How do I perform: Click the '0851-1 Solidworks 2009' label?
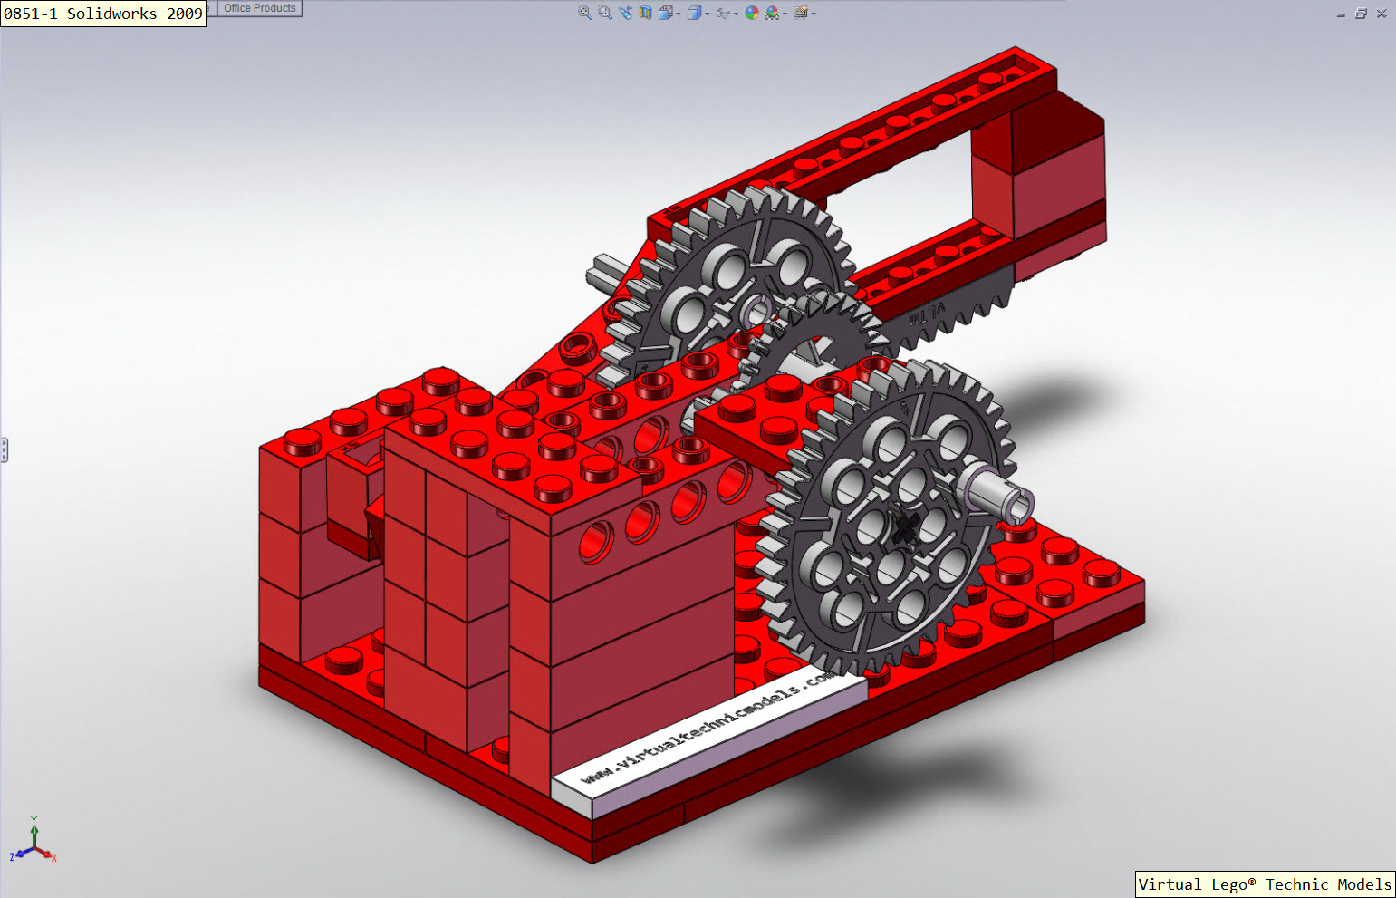click(x=102, y=14)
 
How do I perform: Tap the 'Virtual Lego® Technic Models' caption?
click(x=1265, y=884)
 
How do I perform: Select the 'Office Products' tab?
click(x=259, y=8)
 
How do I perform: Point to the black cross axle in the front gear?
click(x=905, y=528)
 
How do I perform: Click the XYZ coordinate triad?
click(x=34, y=843)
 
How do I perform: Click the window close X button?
click(x=1382, y=14)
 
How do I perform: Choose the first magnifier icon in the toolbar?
click(x=585, y=13)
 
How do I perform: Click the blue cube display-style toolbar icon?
click(x=694, y=13)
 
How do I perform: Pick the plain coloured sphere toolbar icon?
click(x=751, y=13)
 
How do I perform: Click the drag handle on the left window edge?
click(x=4, y=449)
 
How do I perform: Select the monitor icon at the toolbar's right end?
click(x=801, y=13)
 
